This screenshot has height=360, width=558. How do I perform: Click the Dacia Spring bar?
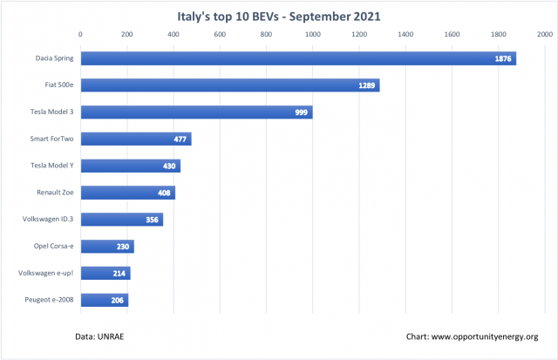point(296,58)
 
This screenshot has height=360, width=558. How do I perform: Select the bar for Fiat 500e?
point(230,85)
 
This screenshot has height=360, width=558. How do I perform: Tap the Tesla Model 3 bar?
point(196,112)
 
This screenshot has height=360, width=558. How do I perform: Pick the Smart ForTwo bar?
point(136,139)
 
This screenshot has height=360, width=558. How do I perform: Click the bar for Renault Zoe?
point(128,193)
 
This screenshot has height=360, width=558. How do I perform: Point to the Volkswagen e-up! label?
point(48,274)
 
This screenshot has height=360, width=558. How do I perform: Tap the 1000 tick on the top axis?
point(312,35)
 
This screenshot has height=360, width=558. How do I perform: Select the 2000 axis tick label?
point(544,35)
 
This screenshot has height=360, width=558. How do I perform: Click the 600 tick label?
point(220,35)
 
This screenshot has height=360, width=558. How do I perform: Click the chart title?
point(278,15)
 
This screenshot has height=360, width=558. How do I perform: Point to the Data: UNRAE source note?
point(100,336)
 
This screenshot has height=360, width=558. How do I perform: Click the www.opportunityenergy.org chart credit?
point(471,336)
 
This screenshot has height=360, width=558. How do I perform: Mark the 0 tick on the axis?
point(81,35)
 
